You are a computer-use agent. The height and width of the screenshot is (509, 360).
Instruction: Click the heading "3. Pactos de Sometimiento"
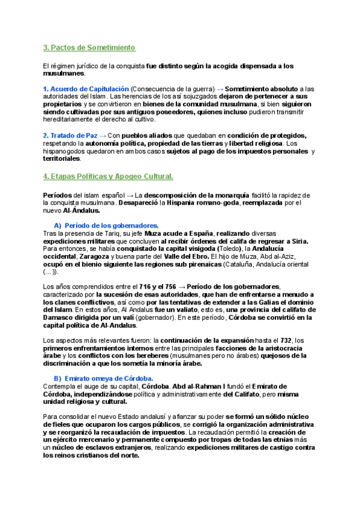point(89,47)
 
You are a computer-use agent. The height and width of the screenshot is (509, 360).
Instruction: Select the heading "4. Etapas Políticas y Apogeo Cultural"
point(109,176)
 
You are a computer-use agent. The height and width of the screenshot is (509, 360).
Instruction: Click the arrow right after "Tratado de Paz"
point(104,135)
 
